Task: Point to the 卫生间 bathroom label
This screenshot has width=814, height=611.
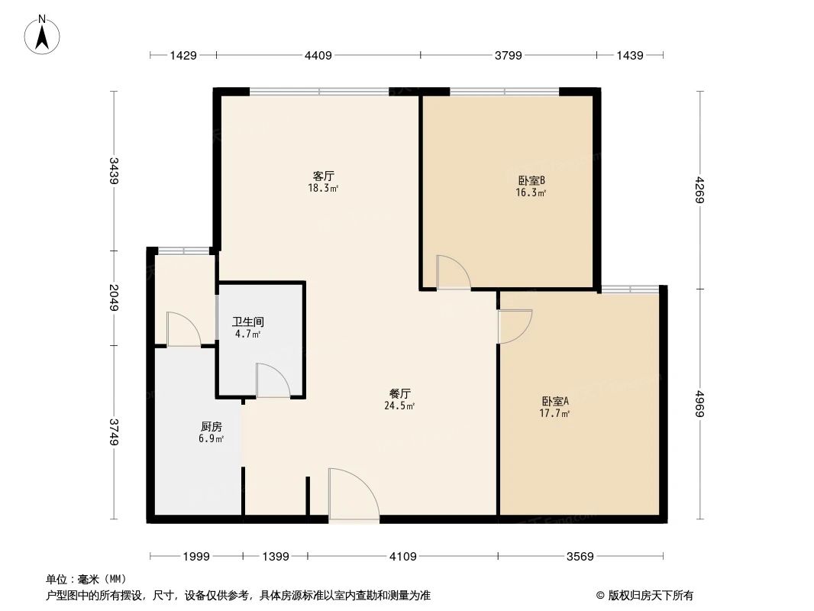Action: [x=247, y=322]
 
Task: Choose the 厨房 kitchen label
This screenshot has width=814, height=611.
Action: [x=212, y=427]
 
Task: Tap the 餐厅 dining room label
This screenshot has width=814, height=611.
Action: [x=400, y=393]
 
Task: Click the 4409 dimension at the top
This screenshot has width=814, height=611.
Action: [x=318, y=55]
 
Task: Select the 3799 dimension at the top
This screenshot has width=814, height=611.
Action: [x=508, y=55]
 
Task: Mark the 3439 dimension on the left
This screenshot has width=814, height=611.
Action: [x=114, y=171]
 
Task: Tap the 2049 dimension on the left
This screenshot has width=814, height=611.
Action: [x=114, y=297]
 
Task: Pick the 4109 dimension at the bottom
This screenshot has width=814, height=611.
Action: [x=402, y=557]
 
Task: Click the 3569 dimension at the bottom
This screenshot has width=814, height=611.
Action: [x=580, y=557]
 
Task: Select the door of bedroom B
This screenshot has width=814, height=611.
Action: [x=452, y=273]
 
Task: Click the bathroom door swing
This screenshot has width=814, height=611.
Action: [x=272, y=381]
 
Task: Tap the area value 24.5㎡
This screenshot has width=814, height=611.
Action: [x=399, y=406]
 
